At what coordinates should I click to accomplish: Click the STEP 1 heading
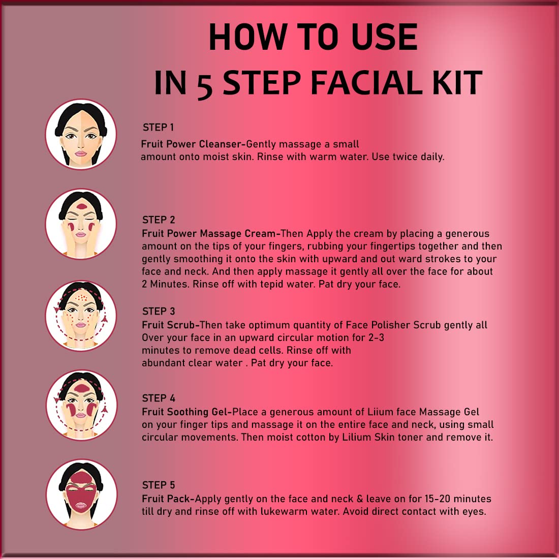(158, 127)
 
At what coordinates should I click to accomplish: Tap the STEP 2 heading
(159, 220)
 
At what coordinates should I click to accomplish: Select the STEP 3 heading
(159, 311)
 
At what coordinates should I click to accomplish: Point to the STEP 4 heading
(159, 398)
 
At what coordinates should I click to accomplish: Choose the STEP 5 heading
(159, 485)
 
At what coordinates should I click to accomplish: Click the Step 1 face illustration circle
(81, 134)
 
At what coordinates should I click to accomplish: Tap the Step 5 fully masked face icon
(82, 494)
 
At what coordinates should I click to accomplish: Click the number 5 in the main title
(205, 84)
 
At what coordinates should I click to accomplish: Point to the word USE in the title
(384, 37)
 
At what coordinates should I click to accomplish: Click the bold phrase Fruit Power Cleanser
(192, 144)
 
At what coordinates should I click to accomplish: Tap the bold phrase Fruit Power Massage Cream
(209, 234)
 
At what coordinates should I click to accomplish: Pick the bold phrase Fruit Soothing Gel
(184, 412)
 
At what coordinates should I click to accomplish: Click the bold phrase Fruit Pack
(166, 499)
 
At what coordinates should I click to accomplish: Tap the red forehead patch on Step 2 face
(81, 206)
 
